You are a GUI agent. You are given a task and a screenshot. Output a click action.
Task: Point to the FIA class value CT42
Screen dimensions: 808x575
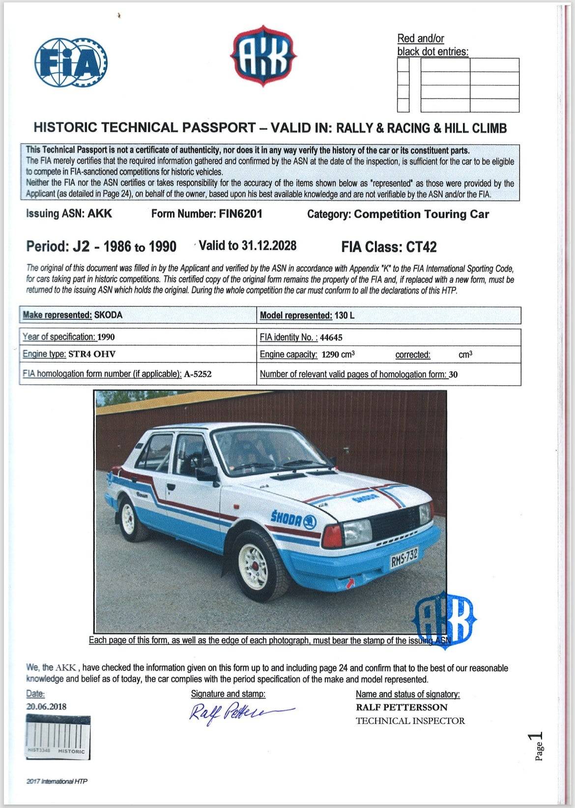coord(421,247)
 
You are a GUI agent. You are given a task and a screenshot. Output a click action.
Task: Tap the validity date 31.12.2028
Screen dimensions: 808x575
coord(269,246)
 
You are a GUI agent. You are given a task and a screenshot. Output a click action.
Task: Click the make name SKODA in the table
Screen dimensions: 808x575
coord(108,315)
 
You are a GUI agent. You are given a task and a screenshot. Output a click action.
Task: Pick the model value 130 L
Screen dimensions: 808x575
coord(344,315)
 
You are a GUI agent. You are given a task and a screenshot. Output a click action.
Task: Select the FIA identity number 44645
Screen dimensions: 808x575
coord(331,337)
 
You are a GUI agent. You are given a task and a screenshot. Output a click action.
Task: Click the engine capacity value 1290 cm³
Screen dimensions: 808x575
coord(338,355)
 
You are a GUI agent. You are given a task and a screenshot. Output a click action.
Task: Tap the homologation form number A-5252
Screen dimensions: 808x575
coord(198,374)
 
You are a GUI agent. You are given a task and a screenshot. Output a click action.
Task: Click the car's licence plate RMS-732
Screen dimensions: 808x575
coord(404,558)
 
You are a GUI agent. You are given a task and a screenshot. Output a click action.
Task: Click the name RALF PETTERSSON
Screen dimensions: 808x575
coord(402,707)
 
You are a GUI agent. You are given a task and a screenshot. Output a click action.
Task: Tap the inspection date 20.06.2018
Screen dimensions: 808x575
coord(46,707)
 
